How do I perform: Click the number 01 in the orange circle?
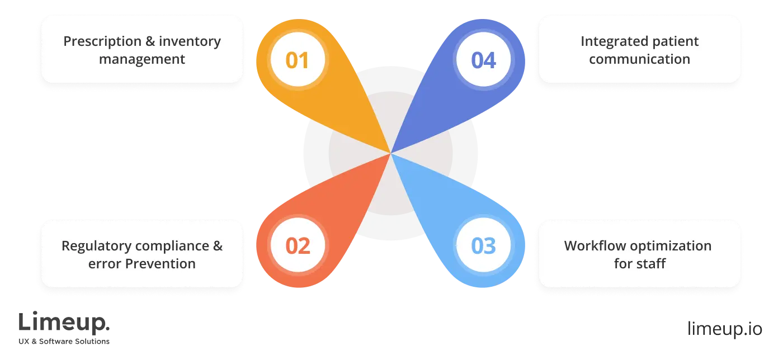297,60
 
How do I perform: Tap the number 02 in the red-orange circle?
298,246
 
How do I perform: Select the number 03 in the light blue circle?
484,246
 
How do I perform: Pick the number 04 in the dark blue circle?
484,60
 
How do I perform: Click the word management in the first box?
142,59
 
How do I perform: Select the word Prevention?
160,264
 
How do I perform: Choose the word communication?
639,59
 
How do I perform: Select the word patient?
674,42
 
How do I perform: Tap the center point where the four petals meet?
390,153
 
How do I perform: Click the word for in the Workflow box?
622,264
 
